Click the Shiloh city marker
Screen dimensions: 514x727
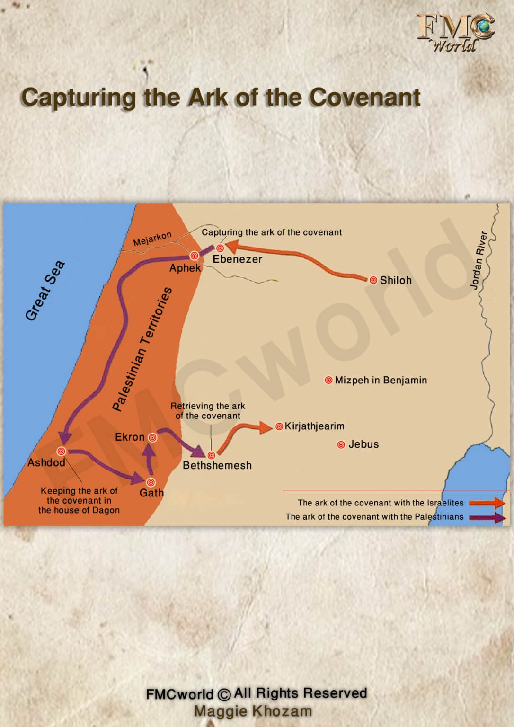click(x=373, y=280)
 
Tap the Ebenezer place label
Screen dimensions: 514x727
click(x=237, y=259)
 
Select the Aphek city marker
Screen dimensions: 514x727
click(x=194, y=256)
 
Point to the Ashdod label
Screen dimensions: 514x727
click(x=46, y=462)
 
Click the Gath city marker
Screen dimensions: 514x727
click(x=151, y=482)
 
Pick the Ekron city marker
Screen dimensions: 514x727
click(x=152, y=438)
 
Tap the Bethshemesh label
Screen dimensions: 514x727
click(x=217, y=465)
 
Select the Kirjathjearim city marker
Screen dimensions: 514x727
click(x=279, y=426)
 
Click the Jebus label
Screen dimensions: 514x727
click(x=363, y=444)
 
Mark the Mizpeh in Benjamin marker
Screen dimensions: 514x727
click(x=328, y=380)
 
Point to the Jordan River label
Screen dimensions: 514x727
click(x=479, y=260)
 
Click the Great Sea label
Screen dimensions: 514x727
click(x=45, y=290)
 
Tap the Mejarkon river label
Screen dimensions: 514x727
click(x=152, y=239)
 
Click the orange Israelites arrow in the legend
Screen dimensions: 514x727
click(x=487, y=503)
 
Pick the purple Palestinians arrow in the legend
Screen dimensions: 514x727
click(x=487, y=517)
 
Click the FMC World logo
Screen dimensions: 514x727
click(x=455, y=32)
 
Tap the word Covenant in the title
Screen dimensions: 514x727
click(x=365, y=97)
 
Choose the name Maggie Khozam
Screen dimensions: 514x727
click(x=253, y=711)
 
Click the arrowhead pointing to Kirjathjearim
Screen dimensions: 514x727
click(x=266, y=427)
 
